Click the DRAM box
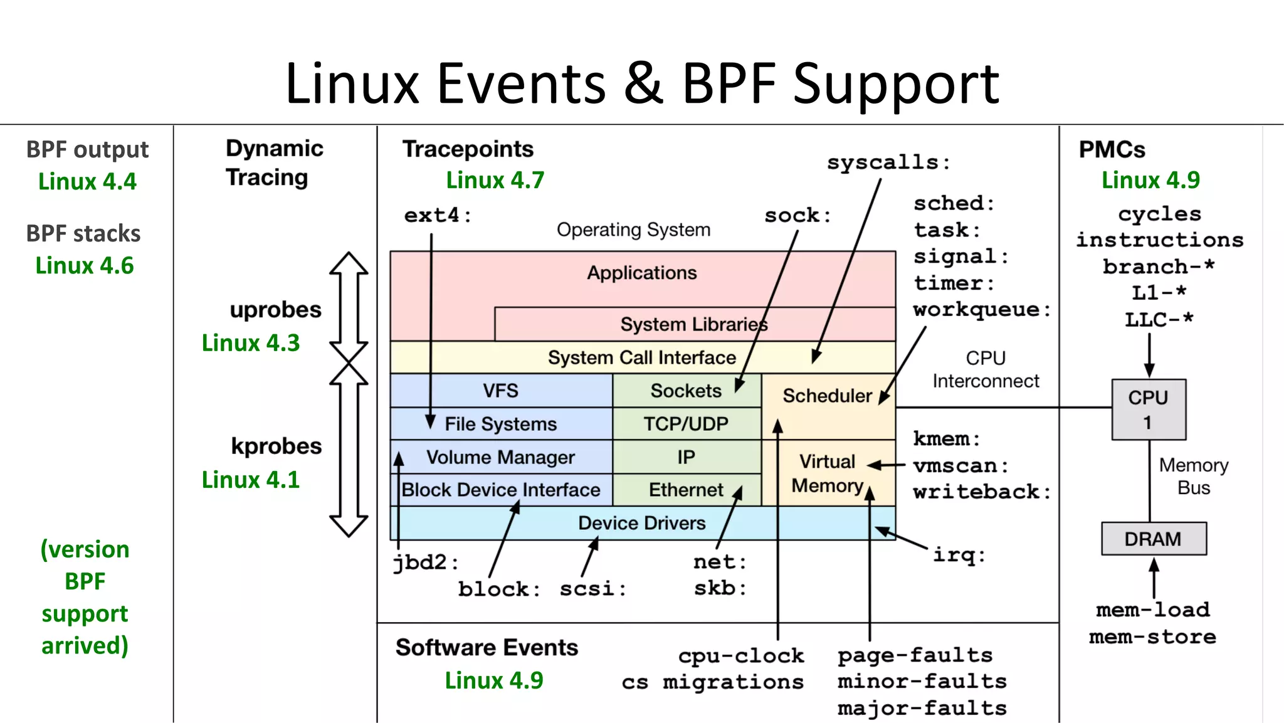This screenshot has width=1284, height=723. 1153,539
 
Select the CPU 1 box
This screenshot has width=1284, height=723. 1148,409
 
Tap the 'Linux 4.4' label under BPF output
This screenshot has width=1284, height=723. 87,182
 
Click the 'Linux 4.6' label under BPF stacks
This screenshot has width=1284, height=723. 85,266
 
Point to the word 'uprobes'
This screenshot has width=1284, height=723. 275,310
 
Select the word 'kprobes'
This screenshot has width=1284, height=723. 276,446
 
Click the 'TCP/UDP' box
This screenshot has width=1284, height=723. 686,424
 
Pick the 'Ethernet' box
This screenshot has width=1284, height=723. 686,490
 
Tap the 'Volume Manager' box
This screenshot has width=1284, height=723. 500,457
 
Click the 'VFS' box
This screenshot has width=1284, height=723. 500,391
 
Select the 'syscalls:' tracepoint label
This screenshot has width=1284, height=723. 888,163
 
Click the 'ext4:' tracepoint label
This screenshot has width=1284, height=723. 437,216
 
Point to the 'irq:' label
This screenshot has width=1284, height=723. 959,555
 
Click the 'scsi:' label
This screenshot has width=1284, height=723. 592,589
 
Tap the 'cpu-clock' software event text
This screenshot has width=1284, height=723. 740,656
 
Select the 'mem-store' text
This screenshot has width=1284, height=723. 1152,637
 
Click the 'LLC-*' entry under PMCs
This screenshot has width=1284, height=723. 1159,320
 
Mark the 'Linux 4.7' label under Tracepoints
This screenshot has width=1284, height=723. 495,181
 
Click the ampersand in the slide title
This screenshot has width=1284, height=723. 643,84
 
